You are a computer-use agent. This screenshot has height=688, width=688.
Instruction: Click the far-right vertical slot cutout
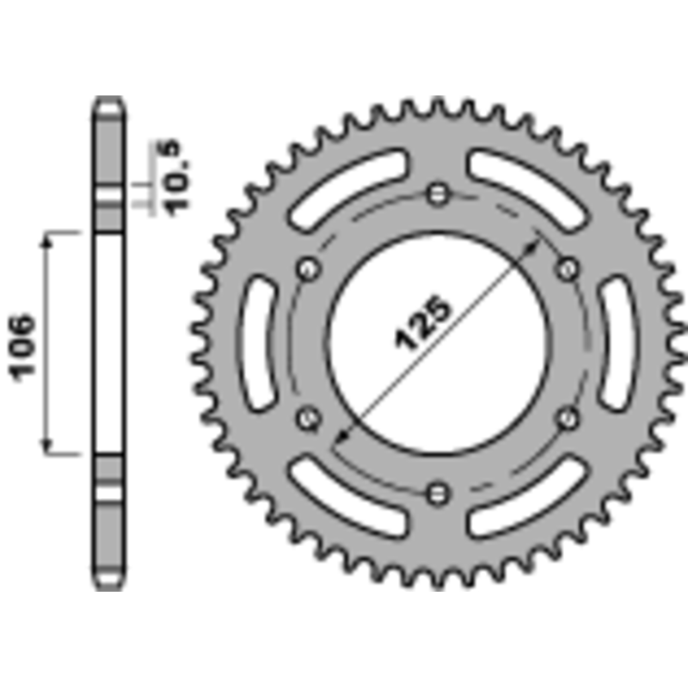pyautogui.click(x=617, y=344)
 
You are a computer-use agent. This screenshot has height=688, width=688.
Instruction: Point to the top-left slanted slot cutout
pyautogui.click(x=349, y=188)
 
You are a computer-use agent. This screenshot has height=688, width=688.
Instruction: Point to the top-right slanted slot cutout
pyautogui.click(x=526, y=188)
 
